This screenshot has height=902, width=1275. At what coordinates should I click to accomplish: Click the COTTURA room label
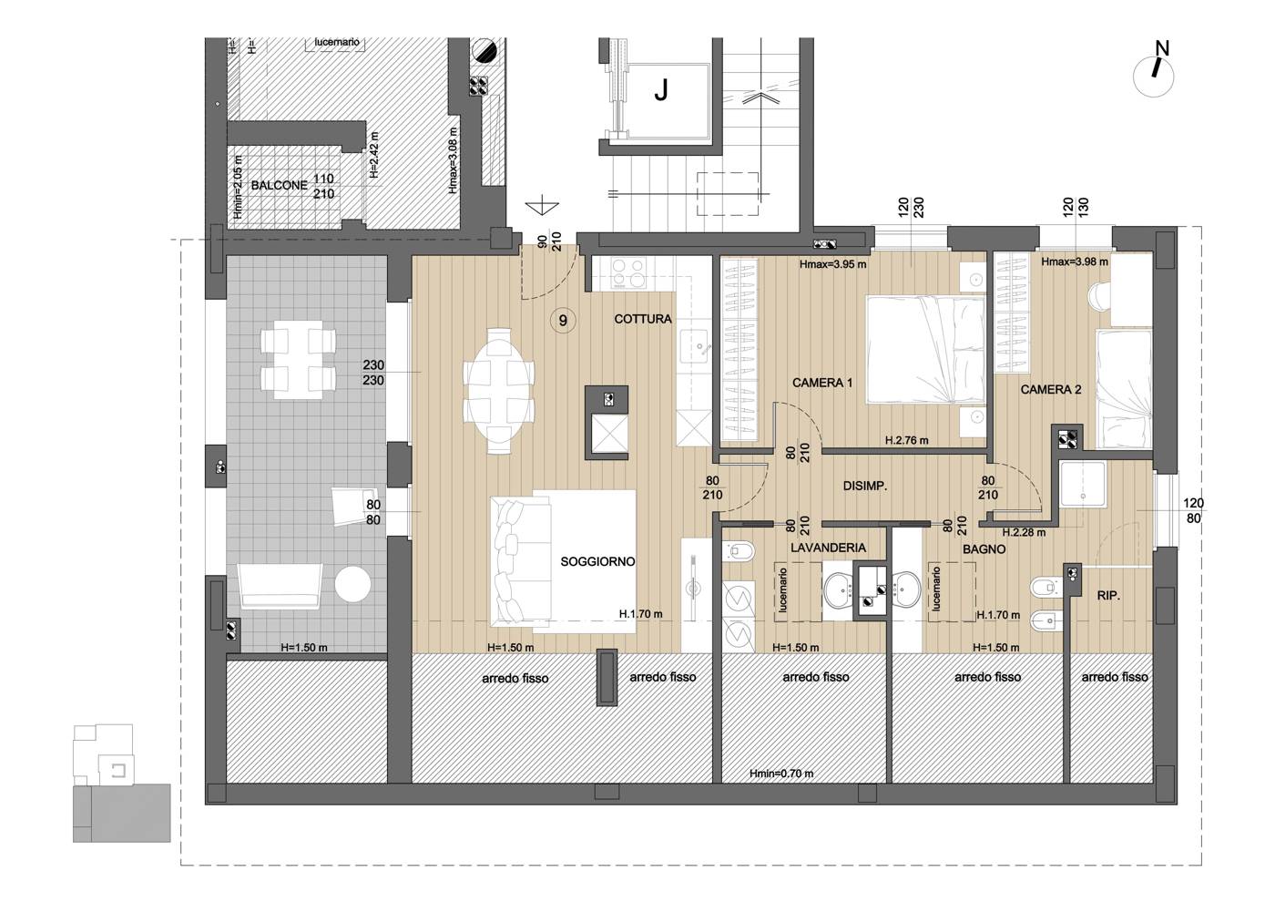point(643,319)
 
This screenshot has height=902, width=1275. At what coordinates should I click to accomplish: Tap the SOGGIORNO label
point(597,561)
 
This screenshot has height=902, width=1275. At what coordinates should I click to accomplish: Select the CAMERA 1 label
point(822,383)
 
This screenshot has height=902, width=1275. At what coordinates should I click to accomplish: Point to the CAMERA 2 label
point(1051,390)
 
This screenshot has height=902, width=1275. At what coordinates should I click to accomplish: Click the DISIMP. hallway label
point(865,486)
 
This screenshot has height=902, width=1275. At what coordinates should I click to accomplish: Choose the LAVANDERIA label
point(828,548)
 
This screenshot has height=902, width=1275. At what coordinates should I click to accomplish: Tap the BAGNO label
point(984,549)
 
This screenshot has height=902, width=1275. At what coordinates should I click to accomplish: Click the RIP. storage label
point(1108,596)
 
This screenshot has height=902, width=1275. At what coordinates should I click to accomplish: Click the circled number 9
point(563,321)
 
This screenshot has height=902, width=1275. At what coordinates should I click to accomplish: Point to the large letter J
point(661,90)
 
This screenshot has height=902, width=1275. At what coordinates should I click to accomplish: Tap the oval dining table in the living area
point(499,392)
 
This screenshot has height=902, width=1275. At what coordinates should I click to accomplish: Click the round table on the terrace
point(352,584)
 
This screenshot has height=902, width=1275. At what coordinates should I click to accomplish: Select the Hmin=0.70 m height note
point(781,774)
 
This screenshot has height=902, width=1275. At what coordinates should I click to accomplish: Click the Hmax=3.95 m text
point(832,264)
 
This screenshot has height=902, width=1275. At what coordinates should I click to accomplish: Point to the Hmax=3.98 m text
point(1075,262)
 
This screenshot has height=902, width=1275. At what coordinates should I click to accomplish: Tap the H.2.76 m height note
point(907,440)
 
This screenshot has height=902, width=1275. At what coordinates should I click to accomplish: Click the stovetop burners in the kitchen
point(629,272)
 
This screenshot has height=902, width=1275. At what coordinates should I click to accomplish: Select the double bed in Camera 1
point(925,350)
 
